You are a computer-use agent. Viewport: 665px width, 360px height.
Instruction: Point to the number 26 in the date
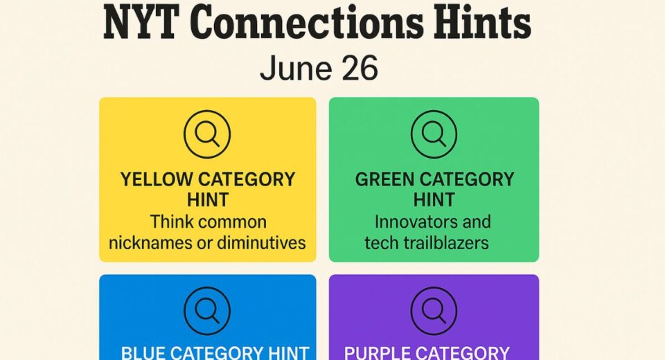pos(361,69)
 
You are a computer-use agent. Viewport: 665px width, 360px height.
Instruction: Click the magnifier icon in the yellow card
pos(207,134)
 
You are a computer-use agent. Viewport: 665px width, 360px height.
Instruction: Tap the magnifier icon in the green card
pos(434,134)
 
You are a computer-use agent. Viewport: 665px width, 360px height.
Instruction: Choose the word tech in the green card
pos(383,243)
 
